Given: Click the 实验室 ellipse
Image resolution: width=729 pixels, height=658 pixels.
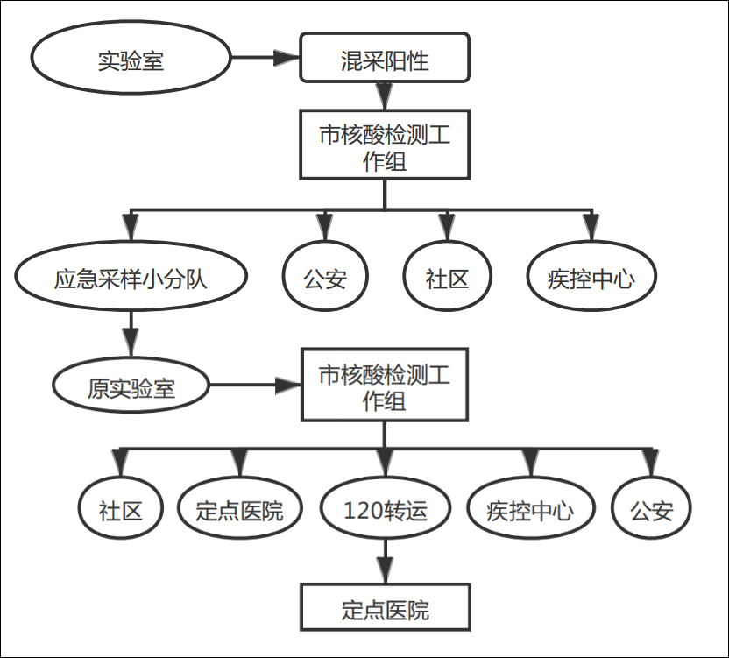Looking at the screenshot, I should coord(131,60).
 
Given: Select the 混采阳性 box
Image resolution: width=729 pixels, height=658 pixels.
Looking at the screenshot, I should coord(384,60).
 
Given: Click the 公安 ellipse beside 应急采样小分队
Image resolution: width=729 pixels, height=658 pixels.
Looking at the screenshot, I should coord(325,278).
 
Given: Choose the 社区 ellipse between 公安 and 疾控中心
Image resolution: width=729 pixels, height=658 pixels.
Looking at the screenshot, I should coord(447,278).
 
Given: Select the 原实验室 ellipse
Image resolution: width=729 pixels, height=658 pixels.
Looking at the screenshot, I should coord(131,386).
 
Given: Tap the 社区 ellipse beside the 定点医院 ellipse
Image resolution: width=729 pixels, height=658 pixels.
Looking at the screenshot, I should coord(120,508).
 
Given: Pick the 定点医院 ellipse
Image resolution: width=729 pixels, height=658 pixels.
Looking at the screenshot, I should coord(239,508).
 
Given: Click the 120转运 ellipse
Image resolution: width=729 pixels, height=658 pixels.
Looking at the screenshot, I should coord(385,508).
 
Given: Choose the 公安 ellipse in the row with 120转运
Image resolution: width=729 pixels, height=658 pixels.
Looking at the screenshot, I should coord(650,508).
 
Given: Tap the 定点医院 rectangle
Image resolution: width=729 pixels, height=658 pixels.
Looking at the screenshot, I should coord(385,608).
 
